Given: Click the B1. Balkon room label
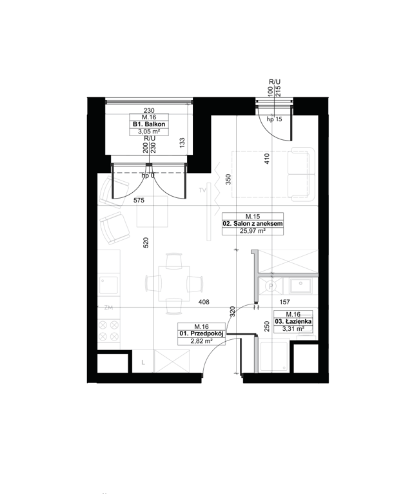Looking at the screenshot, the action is pos(149,124).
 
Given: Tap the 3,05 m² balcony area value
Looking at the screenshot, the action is pos(149,132).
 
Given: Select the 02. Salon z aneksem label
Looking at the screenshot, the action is pos(253,224).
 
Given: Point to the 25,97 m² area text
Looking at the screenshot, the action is pos(253,231).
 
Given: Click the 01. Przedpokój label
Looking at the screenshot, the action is pos(202,333).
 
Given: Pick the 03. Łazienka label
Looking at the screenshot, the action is pos(293,322).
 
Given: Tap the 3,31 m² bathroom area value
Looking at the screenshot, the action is pos(293,329).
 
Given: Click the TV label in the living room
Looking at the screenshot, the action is pos(202,190).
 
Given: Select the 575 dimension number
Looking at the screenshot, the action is pos(139,201).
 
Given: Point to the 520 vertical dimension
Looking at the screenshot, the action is pos(146,242).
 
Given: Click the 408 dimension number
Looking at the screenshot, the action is pos(204,302).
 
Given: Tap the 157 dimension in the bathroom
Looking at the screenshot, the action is pos(285,302).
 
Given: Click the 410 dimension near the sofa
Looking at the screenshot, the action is pos(267,159).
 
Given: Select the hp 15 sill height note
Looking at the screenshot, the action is pos(275,119).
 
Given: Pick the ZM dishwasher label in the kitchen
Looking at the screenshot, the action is pos(108,308).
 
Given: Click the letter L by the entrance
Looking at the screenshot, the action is pos(143,362).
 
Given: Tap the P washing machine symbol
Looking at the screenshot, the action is pos(270,286).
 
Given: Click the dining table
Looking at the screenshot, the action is pos(174,284).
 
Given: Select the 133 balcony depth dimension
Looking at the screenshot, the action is pos(182,143).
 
